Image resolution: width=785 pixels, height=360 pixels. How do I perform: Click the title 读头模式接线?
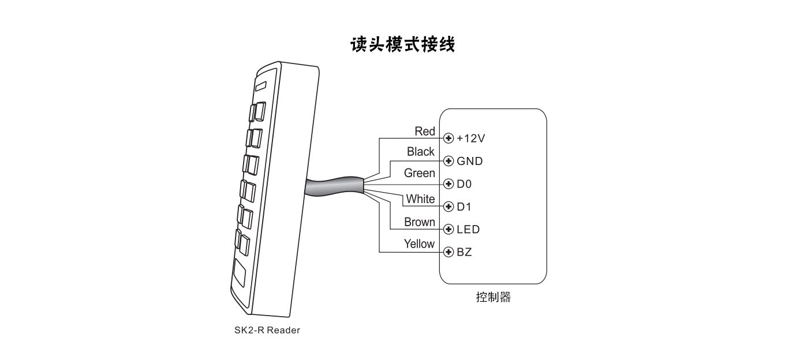tap(403, 44)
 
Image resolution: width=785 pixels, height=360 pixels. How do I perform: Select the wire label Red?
tap(425, 132)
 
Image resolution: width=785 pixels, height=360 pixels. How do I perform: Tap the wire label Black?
tap(420, 152)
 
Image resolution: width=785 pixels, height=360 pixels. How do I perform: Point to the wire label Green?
tap(420, 173)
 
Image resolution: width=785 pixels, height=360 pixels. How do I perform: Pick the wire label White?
tap(420, 199)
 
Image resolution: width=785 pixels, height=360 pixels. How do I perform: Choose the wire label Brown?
tap(420, 222)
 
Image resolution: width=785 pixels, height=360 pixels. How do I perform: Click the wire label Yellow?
tap(419, 244)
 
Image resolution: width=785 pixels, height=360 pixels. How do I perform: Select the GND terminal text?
tap(469, 161)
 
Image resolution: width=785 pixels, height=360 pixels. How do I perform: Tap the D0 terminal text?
tap(464, 184)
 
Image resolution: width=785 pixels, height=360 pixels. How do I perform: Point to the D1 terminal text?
tap(464, 207)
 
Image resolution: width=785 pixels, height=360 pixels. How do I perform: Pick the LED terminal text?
tap(468, 230)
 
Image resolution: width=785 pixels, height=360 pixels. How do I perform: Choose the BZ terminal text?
tap(464, 252)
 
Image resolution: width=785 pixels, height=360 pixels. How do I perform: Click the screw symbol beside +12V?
tap(448, 138)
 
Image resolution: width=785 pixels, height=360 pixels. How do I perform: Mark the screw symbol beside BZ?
tap(448, 252)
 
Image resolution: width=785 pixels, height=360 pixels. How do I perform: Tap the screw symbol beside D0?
tap(448, 184)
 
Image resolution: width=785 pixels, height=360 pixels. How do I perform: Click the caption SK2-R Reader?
tap(267, 331)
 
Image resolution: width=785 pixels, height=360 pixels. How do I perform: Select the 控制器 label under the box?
tap(493, 298)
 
